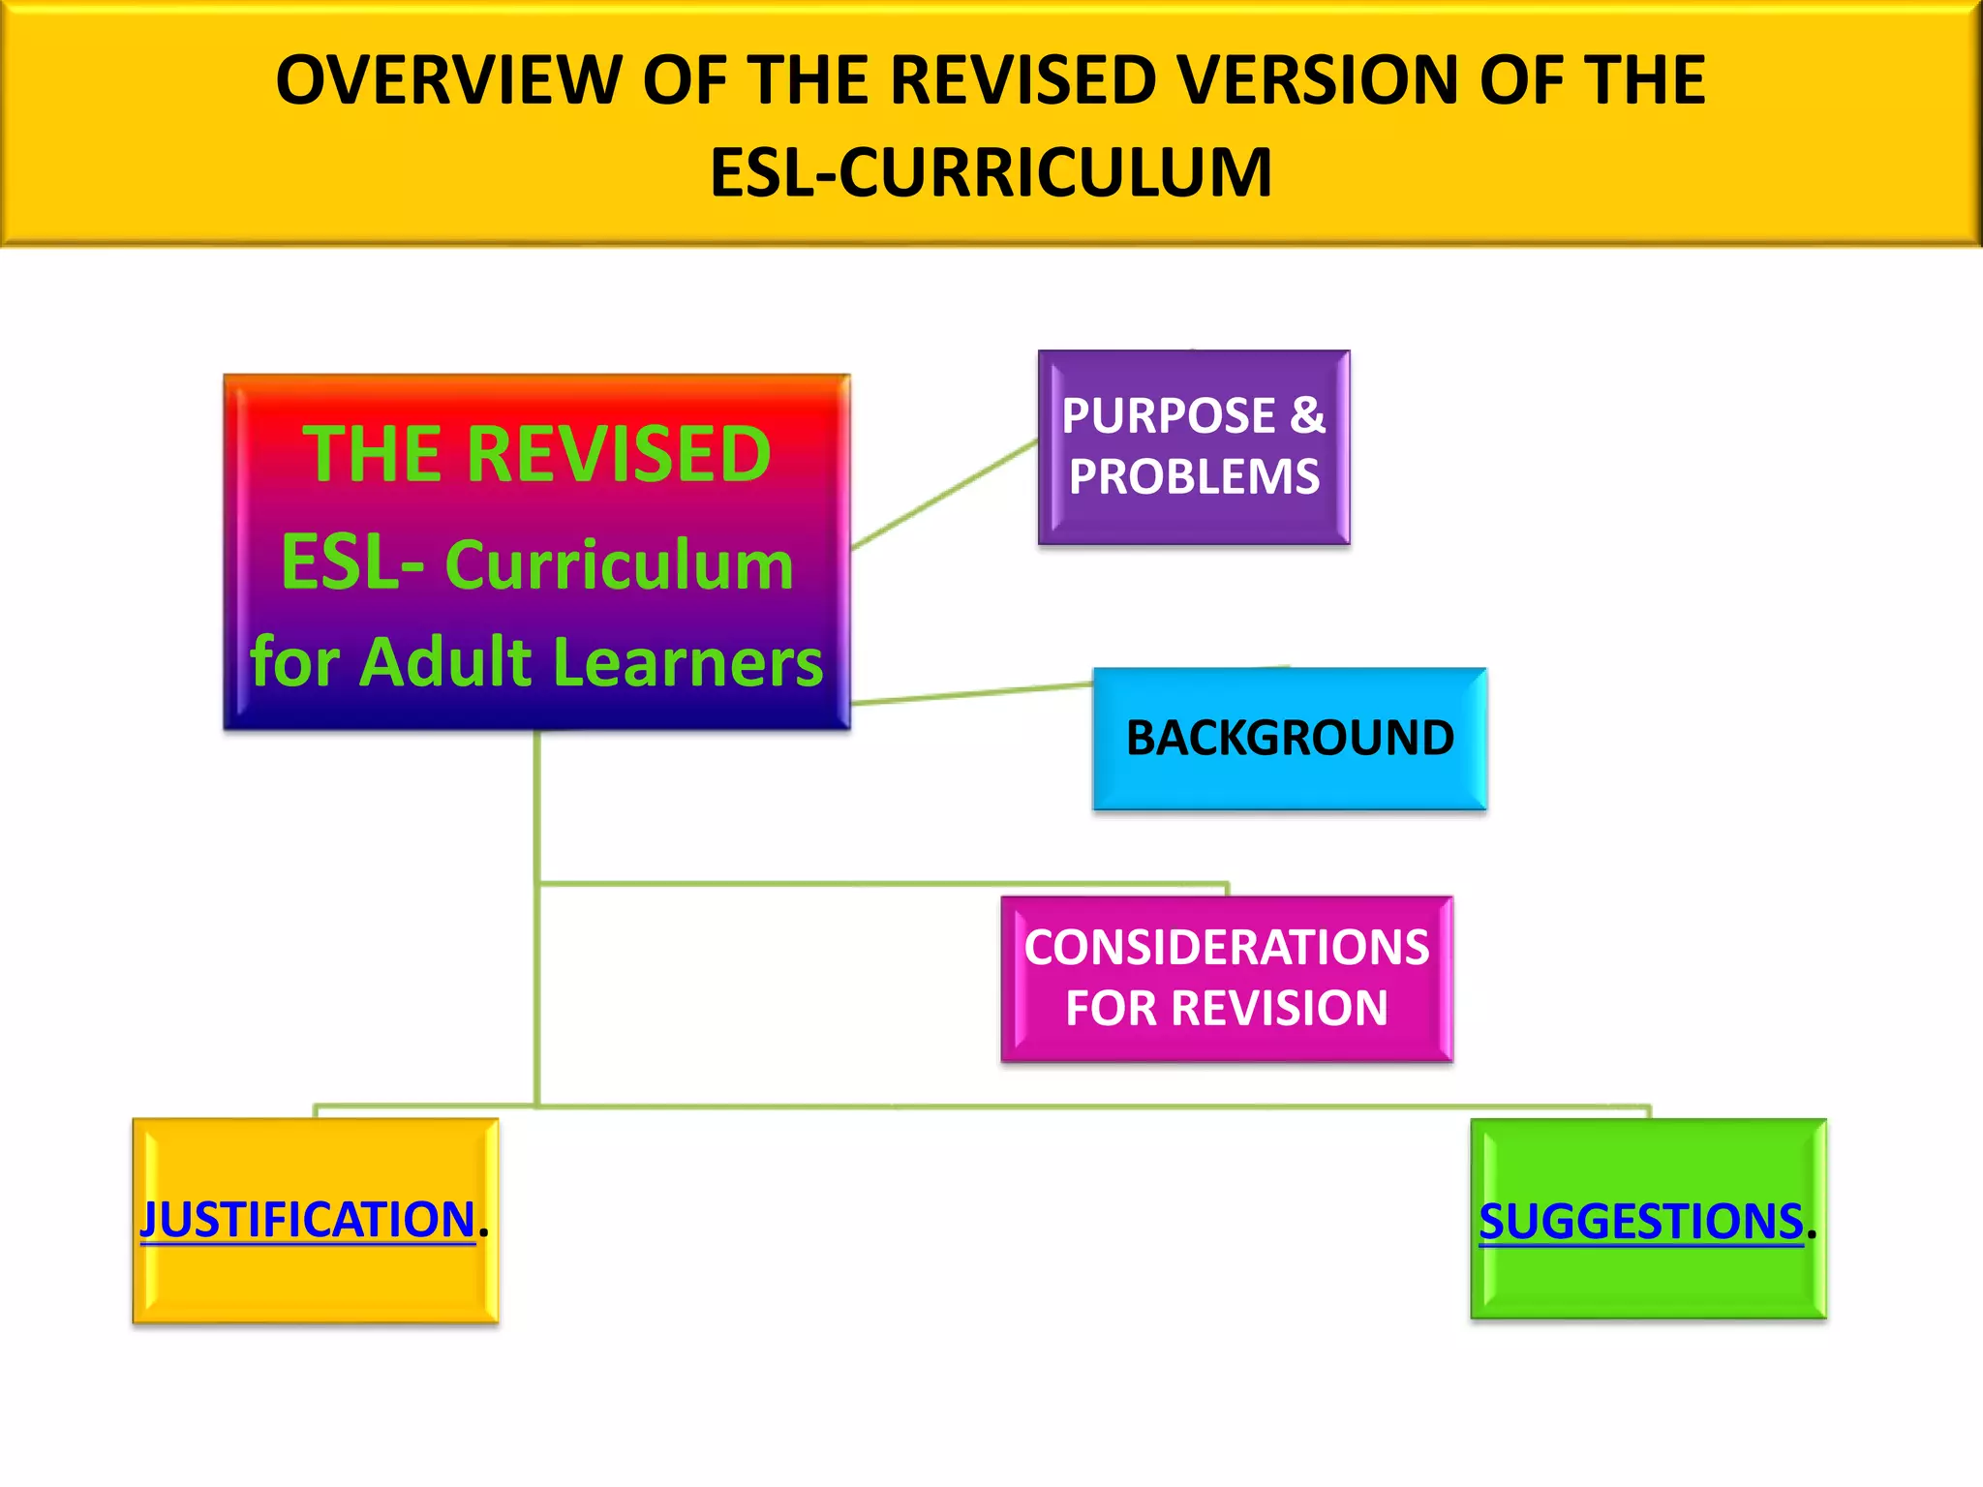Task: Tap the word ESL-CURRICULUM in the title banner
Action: [991, 173]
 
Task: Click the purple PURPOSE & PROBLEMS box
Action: [1193, 447]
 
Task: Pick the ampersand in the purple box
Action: [1306, 415]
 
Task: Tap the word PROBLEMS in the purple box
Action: [1194, 477]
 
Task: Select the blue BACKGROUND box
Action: [1289, 739]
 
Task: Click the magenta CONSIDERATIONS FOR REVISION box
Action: [1226, 979]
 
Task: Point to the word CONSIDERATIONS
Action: [1226, 948]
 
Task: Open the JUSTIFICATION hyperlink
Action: [308, 1220]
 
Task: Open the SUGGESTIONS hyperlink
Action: [1640, 1222]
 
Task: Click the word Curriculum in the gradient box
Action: [619, 565]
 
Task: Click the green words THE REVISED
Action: [536, 455]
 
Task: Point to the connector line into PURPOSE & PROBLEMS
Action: [944, 495]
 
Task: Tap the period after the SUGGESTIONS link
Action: [1812, 1234]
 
